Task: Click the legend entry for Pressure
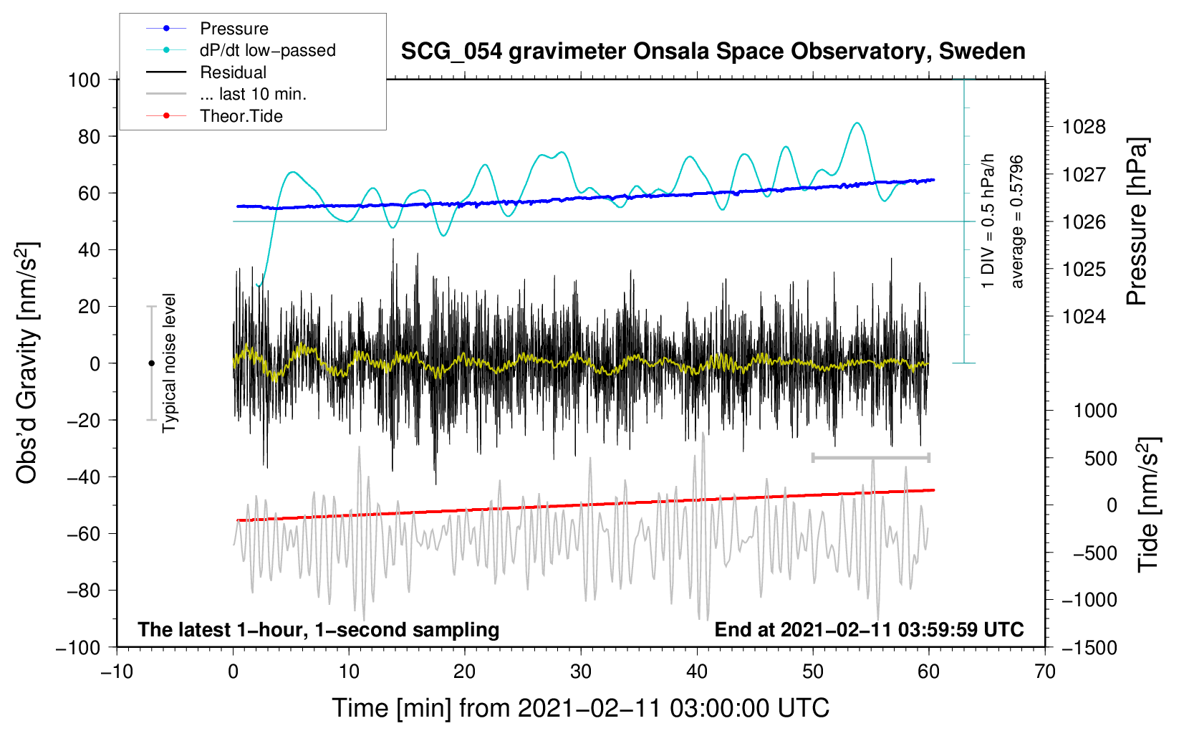point(234,29)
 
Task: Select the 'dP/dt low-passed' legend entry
point(267,50)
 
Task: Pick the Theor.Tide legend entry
point(241,116)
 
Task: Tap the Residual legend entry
point(233,72)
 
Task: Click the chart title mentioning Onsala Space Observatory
point(713,52)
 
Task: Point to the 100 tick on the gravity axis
point(84,80)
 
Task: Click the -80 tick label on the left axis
point(83,591)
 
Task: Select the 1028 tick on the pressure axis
point(1084,128)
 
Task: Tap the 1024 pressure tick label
point(1084,317)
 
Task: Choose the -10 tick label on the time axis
point(117,672)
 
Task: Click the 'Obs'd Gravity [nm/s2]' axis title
point(27,363)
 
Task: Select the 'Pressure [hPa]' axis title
point(1137,222)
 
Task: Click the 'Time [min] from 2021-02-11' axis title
point(580,708)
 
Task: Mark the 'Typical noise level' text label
point(169,363)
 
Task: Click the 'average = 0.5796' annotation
point(1017,221)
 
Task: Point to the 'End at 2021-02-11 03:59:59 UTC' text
point(869,630)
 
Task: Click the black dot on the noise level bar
point(151,363)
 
